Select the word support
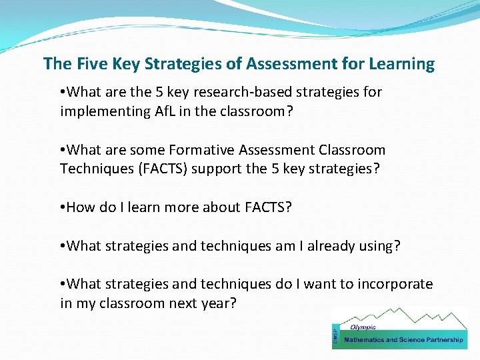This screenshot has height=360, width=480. [217, 169]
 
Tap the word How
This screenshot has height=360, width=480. [81, 207]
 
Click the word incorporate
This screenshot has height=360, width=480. [394, 285]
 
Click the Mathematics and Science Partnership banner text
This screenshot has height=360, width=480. [403, 340]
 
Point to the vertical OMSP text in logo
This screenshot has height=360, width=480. [335, 337]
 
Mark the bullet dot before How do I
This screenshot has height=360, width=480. [62, 207]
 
